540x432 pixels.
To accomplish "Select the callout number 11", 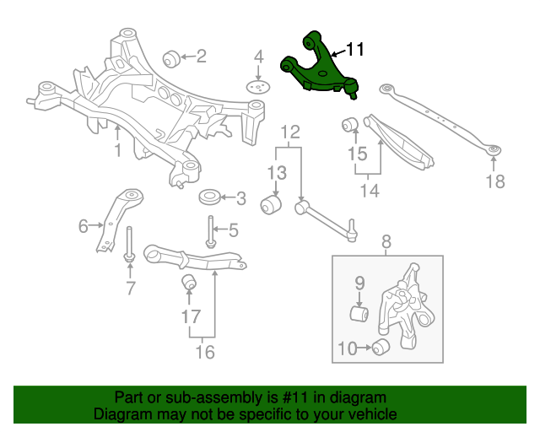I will (x=355, y=50).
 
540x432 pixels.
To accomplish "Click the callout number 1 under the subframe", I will (x=117, y=150).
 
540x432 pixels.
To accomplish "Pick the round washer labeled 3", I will (x=209, y=199).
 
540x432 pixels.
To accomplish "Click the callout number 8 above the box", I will (x=386, y=243).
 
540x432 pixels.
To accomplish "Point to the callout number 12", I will (x=289, y=132).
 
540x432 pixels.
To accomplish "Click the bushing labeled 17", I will (x=190, y=281).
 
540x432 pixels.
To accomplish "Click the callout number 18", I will (x=494, y=181).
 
